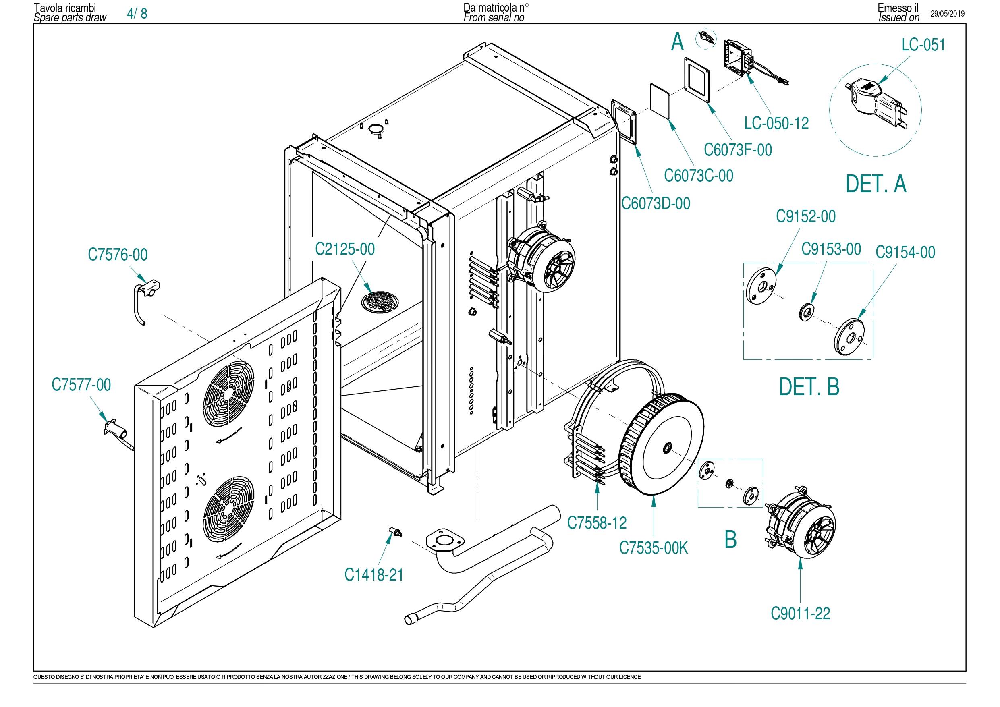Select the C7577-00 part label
[81, 385]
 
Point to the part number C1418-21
[374, 574]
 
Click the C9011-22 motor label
[801, 614]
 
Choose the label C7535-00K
[654, 547]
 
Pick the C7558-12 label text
[597, 522]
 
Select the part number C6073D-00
[656, 203]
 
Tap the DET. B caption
[809, 387]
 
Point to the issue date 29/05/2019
[948, 14]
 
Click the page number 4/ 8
[137, 14]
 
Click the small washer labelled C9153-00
[805, 313]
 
